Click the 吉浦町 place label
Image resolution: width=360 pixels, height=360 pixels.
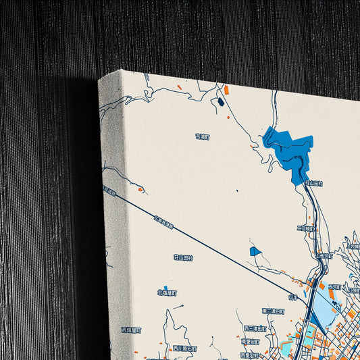pyautogui.click(x=203, y=136)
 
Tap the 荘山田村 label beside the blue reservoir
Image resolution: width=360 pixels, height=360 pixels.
pyautogui.click(x=314, y=183)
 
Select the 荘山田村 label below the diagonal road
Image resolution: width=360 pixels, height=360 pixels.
pyautogui.click(x=183, y=257)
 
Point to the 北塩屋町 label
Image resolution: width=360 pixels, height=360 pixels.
pyautogui.click(x=167, y=293)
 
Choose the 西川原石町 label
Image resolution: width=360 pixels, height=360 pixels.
pyautogui.click(x=184, y=349)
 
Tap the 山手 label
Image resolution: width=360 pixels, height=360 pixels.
pyautogui.click(x=293, y=297)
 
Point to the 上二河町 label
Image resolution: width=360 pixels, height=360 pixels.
pyautogui.click(x=325, y=256)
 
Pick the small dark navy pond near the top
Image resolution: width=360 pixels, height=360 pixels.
pyautogui.click(x=220, y=103)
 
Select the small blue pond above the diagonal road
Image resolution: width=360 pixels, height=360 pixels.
pyautogui.click(x=255, y=251)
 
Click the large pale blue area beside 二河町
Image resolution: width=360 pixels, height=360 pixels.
pyautogui.click(x=326, y=313)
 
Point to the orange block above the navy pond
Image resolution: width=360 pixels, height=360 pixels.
pyautogui.click(x=226, y=90)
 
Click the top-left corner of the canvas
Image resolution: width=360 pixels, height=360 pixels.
pyautogui.click(x=100, y=80)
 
